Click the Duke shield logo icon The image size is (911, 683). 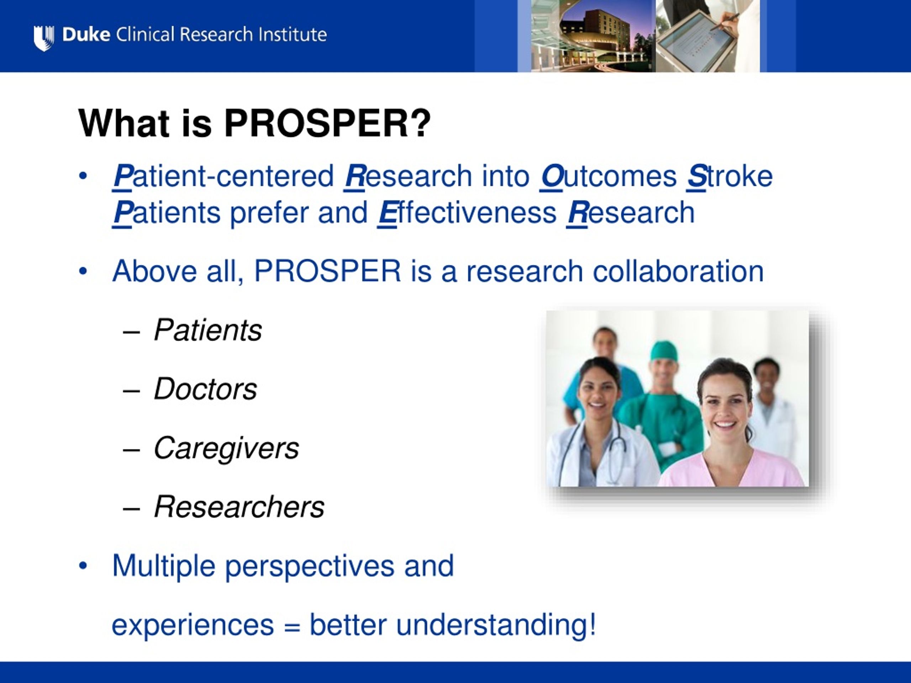point(43,38)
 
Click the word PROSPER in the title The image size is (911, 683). point(327,123)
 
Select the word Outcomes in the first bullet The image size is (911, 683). point(608,176)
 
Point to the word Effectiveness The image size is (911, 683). point(467,213)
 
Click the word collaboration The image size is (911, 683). point(678,271)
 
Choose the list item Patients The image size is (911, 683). point(207,330)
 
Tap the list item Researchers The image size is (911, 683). point(239,507)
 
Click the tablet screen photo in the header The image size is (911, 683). point(707,36)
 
